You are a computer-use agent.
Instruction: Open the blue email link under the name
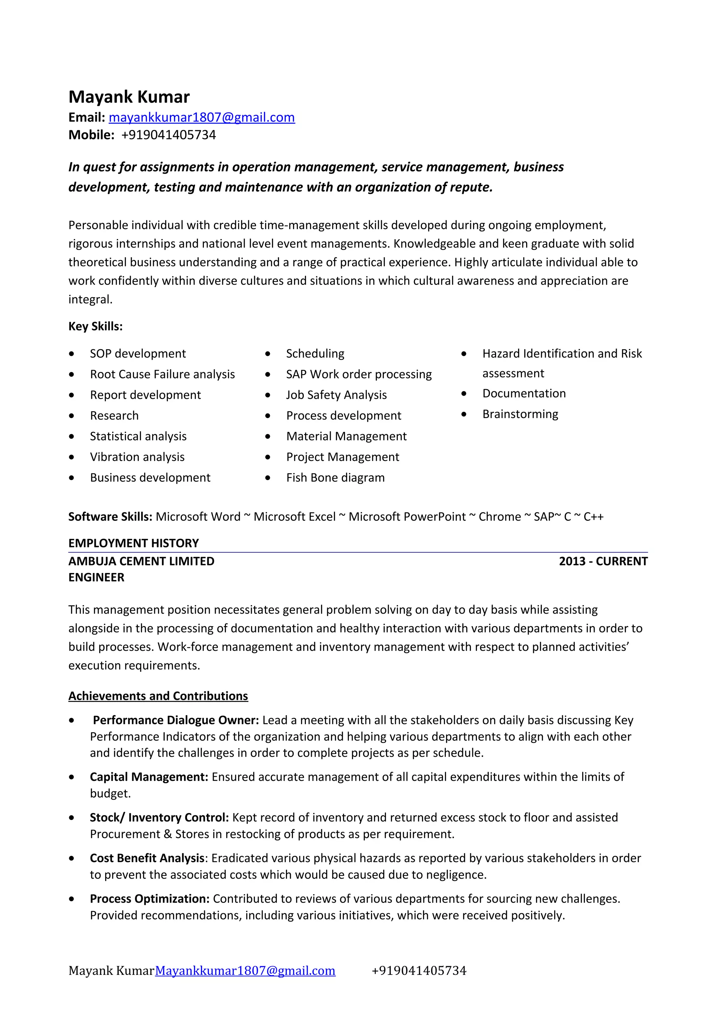202,117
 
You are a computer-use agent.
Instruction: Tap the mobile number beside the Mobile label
169,135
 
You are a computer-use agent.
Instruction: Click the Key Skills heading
95,326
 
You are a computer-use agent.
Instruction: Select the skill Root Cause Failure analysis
162,374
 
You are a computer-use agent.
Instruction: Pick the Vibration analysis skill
137,457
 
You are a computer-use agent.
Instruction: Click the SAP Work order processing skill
359,374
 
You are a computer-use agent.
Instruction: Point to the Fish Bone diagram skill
335,478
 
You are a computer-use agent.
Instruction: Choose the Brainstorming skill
520,414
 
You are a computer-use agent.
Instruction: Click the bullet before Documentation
464,394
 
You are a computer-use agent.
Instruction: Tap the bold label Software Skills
110,516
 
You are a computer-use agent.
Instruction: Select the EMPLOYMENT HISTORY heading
134,543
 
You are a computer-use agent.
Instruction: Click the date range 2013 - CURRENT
603,561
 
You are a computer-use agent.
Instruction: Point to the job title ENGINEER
96,577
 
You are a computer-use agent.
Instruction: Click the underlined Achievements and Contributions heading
158,696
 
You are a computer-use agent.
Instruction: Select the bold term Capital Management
149,777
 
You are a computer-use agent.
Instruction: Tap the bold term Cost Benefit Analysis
147,858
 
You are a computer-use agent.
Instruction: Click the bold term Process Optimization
150,899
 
